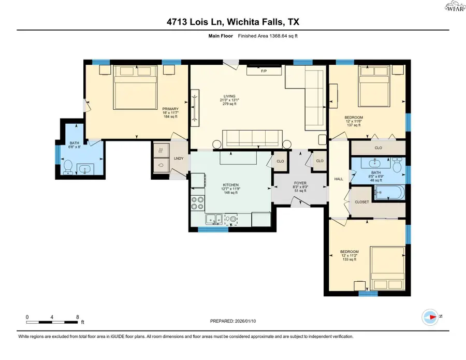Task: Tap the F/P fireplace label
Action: pos(264,70)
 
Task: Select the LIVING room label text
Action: pos(229,96)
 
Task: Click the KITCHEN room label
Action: pos(230,185)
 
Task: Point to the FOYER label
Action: pos(300,182)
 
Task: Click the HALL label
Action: pos(339,179)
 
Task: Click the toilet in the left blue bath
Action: pos(68,166)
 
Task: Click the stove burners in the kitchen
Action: pos(197,203)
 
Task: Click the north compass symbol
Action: pos(431,316)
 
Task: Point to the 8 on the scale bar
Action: pos(77,317)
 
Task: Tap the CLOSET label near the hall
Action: pos(361,202)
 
